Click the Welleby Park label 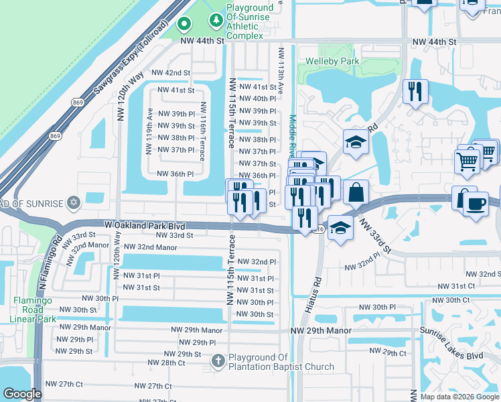click(332, 62)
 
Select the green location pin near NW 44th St click(184, 25)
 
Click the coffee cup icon click(476, 204)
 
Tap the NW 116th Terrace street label click(202, 130)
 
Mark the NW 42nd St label click(171, 72)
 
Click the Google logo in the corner click(23, 394)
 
